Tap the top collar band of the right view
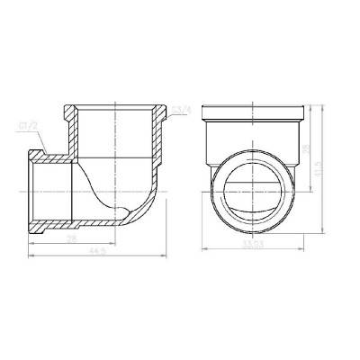[x=256, y=111]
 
